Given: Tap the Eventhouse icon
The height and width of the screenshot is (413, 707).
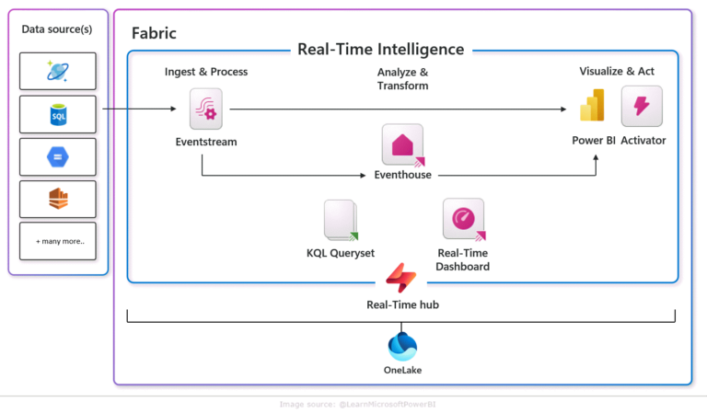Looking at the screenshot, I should point(402,144).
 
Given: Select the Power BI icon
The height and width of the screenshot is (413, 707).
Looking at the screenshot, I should point(592,107).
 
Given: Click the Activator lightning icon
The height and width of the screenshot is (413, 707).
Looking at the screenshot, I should point(642,107).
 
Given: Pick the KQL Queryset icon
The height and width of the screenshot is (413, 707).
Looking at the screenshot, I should point(340,220).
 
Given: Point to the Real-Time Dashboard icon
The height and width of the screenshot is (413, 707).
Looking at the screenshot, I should point(463,219).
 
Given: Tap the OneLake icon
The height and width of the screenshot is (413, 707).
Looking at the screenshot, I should point(402,346).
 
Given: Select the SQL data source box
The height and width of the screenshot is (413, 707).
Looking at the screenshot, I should point(58,114).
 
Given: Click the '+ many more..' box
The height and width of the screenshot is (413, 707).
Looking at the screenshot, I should point(58,241).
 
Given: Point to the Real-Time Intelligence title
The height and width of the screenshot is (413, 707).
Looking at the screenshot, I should point(380,50).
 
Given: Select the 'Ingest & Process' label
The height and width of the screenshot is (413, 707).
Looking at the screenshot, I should point(206,72).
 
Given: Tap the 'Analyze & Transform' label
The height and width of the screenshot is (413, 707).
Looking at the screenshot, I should point(402,79).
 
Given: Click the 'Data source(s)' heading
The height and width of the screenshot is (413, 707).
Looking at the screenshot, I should point(57,29).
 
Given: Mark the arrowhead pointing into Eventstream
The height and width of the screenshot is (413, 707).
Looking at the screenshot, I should point(172,110).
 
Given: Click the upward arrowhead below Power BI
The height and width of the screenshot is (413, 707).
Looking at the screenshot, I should point(596,157).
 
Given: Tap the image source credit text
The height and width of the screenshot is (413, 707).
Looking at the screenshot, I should point(353,404).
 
